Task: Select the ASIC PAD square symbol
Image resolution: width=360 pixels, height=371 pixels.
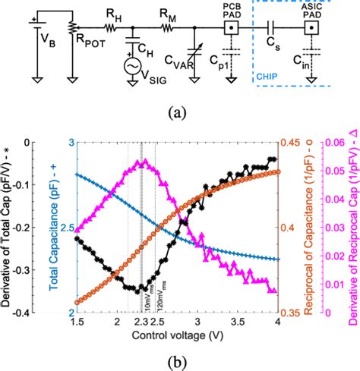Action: (311, 29)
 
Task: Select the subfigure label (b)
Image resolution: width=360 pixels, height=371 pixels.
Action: (180, 360)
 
